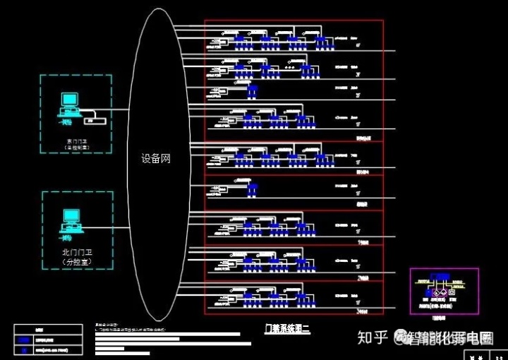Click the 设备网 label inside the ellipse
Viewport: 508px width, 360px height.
click(x=156, y=160)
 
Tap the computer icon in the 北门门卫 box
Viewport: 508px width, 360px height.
click(x=71, y=220)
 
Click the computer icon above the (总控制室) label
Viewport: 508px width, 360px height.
click(x=69, y=104)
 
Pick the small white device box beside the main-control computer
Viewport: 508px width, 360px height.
click(x=97, y=121)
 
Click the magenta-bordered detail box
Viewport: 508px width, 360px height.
click(x=444, y=290)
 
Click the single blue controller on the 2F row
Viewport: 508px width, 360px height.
click(x=253, y=90)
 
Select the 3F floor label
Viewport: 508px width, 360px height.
click(x=358, y=73)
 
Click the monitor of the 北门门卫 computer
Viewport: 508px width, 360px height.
click(x=71, y=216)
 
